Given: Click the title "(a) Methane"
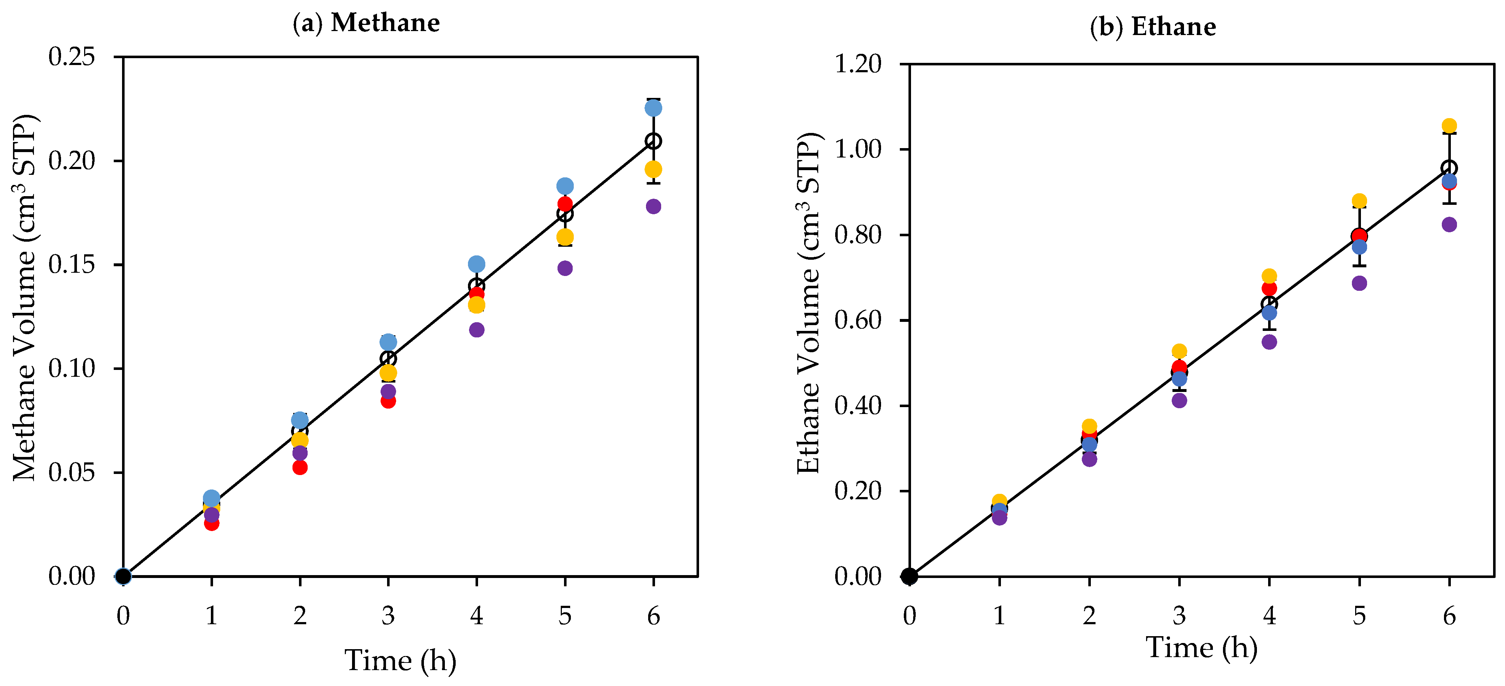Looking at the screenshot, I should point(366,23).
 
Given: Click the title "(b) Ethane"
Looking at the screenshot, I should point(1153,27).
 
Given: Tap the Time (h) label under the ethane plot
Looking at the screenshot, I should point(1201,647).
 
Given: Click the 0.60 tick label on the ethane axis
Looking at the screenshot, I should point(858,320).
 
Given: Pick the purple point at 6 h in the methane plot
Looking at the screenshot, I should point(653,206).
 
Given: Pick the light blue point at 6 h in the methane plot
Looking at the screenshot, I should point(653,108).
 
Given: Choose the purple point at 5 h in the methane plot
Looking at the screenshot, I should point(565,268).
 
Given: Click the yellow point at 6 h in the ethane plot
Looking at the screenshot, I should point(1449,126).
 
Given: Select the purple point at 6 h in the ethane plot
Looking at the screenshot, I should point(1449,224).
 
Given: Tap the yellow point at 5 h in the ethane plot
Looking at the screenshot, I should point(1359,201).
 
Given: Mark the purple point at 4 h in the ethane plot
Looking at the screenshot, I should point(1269,342).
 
